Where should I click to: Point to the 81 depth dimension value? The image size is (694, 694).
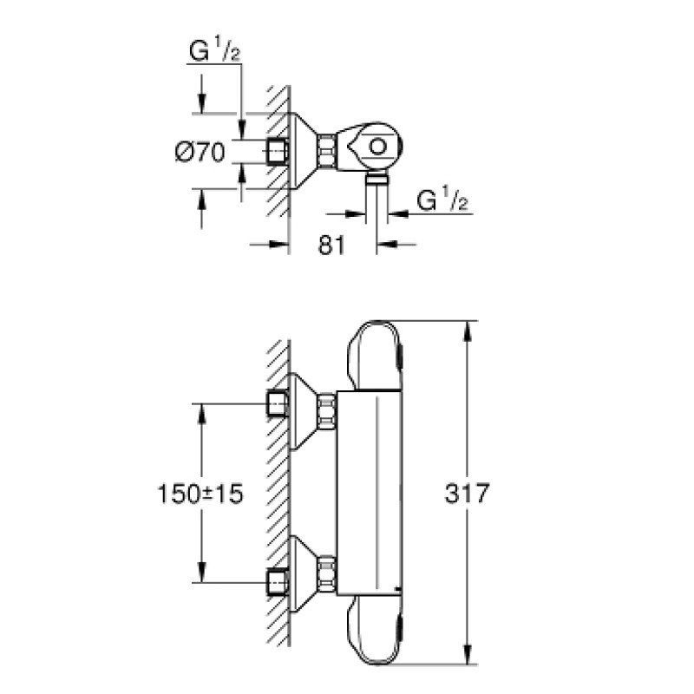tap(332, 246)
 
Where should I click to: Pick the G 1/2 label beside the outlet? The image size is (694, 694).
tap(442, 201)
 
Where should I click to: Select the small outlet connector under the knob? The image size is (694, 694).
tap(376, 179)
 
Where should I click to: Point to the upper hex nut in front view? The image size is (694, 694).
tap(327, 409)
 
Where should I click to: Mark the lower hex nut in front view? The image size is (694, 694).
tap(327, 573)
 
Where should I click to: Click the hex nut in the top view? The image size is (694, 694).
tap(327, 153)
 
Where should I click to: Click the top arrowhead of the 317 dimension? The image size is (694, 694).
tap(469, 328)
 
